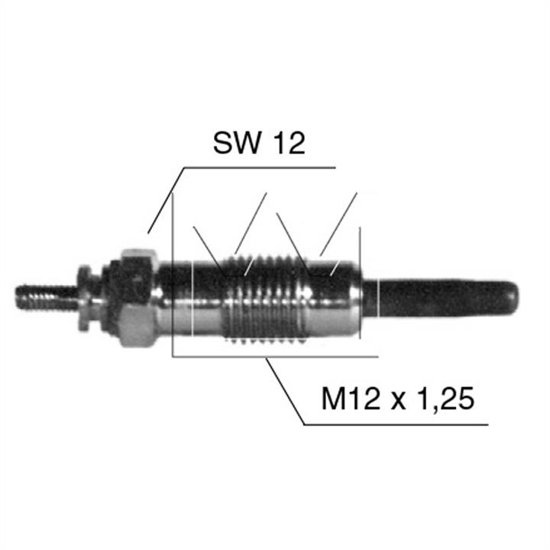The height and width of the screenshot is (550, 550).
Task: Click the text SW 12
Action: click(x=259, y=143)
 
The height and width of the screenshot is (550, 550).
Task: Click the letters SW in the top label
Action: click(x=237, y=143)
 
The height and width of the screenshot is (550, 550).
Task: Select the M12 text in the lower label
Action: click(x=351, y=399)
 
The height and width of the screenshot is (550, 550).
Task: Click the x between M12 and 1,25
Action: click(x=398, y=401)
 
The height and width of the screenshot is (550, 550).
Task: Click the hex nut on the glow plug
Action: click(x=137, y=298)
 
